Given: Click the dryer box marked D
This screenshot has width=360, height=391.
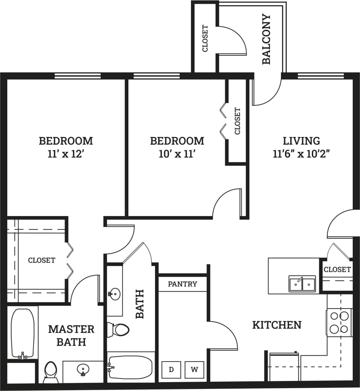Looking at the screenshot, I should [x=171, y=370].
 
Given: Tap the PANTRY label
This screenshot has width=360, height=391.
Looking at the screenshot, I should [x=182, y=284].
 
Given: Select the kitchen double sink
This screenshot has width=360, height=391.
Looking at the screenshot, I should [x=302, y=284].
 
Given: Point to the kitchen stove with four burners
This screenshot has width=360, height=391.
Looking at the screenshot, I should [x=339, y=322].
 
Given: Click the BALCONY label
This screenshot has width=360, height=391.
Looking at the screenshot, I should [x=266, y=39].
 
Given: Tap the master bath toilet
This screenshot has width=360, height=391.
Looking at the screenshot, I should [x=51, y=372].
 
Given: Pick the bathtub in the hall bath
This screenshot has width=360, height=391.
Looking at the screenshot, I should [x=130, y=367].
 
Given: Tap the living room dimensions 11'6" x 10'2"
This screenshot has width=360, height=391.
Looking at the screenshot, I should [x=301, y=154].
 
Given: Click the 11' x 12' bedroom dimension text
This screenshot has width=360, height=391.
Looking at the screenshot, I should [x=66, y=154].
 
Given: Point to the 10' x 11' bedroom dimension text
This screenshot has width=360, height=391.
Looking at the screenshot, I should [x=177, y=154].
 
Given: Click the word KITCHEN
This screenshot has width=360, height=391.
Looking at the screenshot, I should [x=277, y=325].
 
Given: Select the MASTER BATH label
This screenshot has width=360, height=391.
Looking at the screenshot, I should [x=71, y=335].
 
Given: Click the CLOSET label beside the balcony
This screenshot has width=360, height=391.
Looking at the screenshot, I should [x=205, y=38].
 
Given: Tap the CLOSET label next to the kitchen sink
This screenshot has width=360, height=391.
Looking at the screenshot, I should [x=337, y=269].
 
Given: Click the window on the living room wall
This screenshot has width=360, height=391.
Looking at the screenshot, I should [x=321, y=76].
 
